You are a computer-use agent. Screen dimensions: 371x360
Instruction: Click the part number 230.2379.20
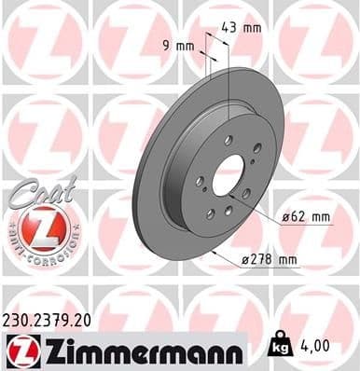click(x=57, y=319)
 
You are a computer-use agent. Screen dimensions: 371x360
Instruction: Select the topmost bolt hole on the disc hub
click(x=228, y=140)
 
